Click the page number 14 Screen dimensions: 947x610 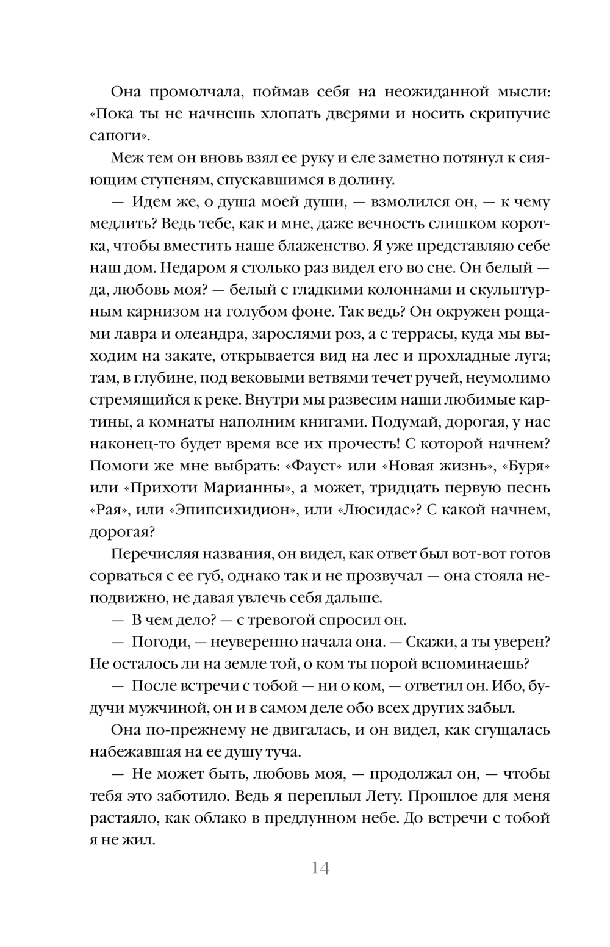[320, 868]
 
